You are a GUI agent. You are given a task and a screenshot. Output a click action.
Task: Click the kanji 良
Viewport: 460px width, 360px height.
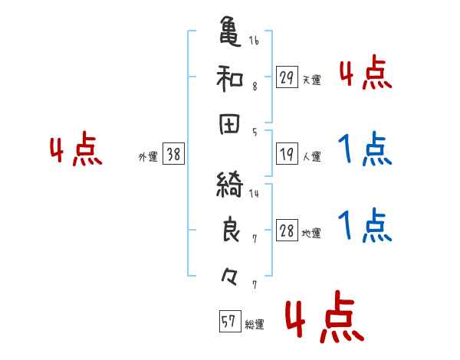point(230,231)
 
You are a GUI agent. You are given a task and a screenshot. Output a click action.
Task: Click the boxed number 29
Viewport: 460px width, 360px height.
point(287,77)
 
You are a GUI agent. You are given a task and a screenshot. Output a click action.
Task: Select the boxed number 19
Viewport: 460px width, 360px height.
point(287,154)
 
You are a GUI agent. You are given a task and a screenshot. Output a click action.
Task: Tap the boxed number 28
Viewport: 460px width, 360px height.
point(287,231)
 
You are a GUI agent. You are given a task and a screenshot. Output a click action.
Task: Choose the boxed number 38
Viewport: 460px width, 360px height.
point(173,154)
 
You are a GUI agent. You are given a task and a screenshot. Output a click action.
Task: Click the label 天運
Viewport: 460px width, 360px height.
point(311,80)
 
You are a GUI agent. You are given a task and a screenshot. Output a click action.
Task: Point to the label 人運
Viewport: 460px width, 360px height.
point(311,157)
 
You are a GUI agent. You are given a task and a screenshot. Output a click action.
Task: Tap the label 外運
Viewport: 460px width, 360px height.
point(148,157)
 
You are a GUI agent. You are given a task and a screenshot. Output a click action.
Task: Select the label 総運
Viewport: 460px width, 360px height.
point(255,325)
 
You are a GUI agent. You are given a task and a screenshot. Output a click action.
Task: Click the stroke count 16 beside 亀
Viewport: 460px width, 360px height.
point(254,40)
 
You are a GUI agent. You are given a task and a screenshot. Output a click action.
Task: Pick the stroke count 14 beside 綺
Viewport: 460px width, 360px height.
point(254,193)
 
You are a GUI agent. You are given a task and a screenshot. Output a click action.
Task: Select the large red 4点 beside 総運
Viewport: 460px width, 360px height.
point(324,321)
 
